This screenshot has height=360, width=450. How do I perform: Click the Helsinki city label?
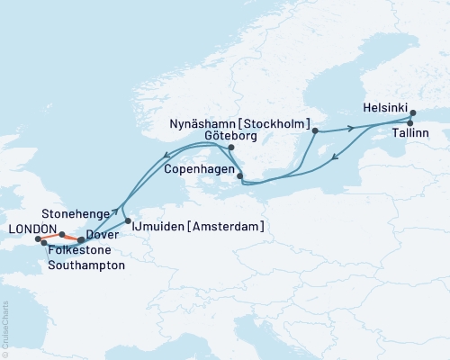[386, 105]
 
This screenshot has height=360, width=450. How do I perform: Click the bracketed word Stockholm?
[278, 123]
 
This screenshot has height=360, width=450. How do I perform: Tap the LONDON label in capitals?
[31, 229]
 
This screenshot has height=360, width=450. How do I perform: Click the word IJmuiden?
[163, 227]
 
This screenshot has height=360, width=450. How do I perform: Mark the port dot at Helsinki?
[413, 114]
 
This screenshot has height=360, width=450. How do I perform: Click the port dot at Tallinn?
[409, 123]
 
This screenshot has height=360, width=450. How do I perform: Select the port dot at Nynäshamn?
[314, 131]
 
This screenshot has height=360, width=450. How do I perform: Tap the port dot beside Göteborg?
[231, 147]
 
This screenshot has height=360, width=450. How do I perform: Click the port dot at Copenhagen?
[238, 175]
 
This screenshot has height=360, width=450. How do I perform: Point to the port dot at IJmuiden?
[128, 220]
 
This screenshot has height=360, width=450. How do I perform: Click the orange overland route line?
[67, 238]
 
